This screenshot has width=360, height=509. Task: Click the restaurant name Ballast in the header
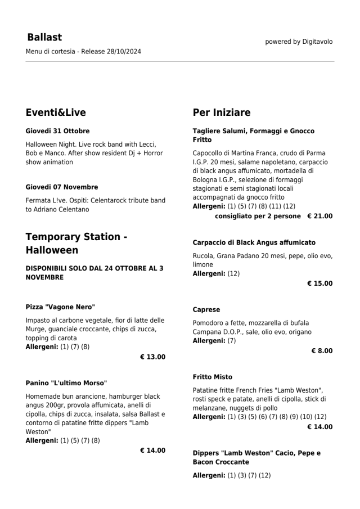pyautogui.click(x=44, y=38)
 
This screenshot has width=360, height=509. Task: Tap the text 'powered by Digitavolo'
pyautogui.click(x=299, y=42)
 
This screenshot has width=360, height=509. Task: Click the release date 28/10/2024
pyautogui.click(x=123, y=52)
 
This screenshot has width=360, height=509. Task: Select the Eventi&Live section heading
pyautogui.click(x=56, y=112)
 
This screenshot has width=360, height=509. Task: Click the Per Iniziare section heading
pyautogui.click(x=222, y=112)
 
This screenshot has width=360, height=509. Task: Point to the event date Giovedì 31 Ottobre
pyautogui.click(x=57, y=131)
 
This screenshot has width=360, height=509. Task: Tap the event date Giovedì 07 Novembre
pyautogui.click(x=62, y=187)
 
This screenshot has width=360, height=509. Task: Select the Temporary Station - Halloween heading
pyautogui.click(x=76, y=243)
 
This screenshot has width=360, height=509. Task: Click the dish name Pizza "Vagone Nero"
pyautogui.click(x=60, y=307)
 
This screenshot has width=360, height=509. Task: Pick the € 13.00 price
pyautogui.click(x=152, y=357)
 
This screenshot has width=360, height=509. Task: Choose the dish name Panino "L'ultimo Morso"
pyautogui.click(x=66, y=383)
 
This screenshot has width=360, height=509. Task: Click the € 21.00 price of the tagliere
pyautogui.click(x=319, y=216)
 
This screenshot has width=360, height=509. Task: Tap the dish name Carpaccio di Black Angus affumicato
pyautogui.click(x=254, y=242)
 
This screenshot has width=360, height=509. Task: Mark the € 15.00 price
pyautogui.click(x=319, y=283)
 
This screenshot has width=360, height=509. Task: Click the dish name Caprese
pyautogui.click(x=206, y=310)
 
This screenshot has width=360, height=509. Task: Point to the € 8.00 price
pyautogui.click(x=322, y=351)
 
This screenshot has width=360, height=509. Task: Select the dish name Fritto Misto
pyautogui.click(x=213, y=377)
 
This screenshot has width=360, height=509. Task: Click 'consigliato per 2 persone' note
pyautogui.click(x=258, y=216)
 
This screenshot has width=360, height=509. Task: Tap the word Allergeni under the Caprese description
pyautogui.click(x=209, y=341)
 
